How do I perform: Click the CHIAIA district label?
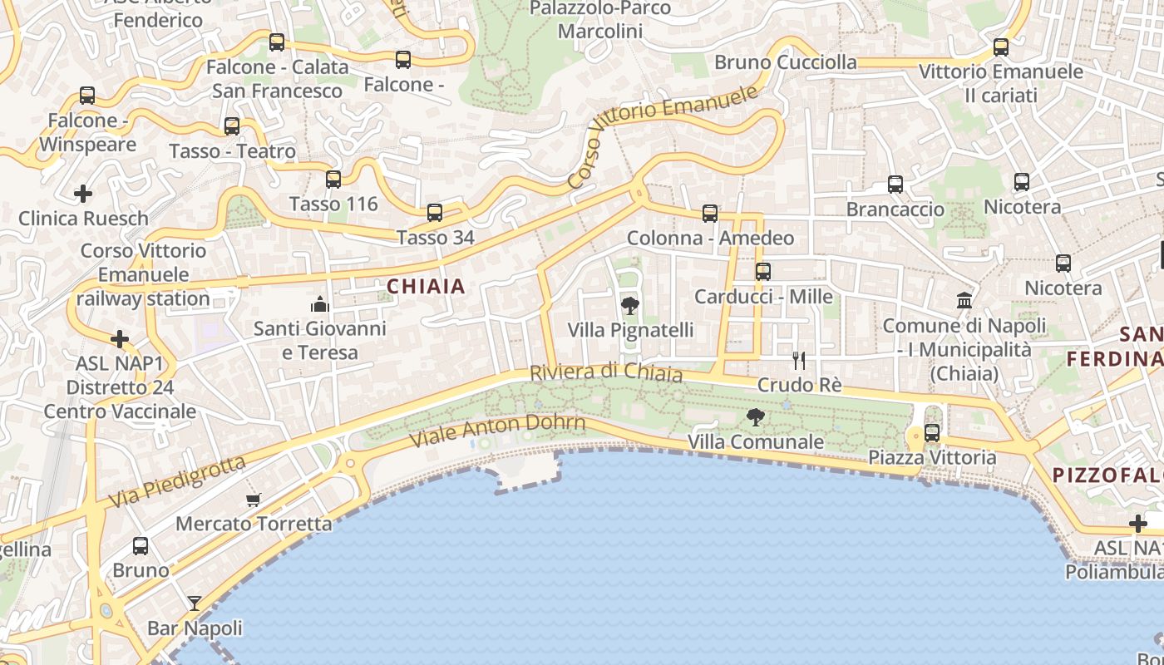[426, 287]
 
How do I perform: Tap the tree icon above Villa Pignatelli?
[630, 306]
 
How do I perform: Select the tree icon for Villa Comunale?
[755, 417]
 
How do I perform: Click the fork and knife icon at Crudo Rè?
[799, 360]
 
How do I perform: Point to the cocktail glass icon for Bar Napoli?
[195, 603]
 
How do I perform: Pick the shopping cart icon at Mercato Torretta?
[254, 500]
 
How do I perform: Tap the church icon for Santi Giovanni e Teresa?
[320, 304]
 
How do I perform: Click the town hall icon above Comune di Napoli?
[964, 300]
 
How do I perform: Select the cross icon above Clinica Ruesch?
[83, 194]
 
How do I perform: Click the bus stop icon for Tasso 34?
[435, 213]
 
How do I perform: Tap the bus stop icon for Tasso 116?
[333, 179]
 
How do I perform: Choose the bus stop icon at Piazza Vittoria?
[932, 432]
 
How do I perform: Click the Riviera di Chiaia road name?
[606, 373]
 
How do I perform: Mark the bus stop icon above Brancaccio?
[895, 185]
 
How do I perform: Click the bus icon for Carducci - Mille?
[762, 271]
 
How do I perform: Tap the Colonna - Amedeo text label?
[710, 239]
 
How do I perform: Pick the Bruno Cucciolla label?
[785, 62]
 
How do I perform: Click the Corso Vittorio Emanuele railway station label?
[143, 274]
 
